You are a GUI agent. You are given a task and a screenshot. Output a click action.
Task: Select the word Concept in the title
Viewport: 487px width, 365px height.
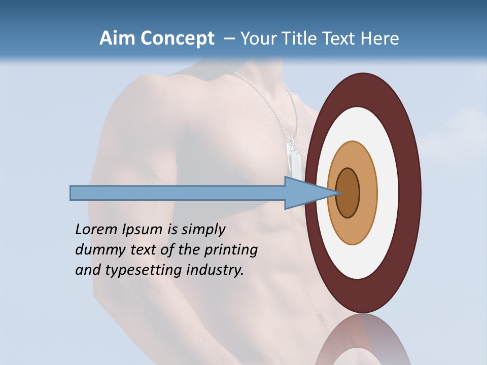point(177,39)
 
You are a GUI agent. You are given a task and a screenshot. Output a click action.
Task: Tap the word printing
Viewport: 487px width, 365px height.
point(230,250)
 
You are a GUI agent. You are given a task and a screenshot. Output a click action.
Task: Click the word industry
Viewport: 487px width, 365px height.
point(215,270)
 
